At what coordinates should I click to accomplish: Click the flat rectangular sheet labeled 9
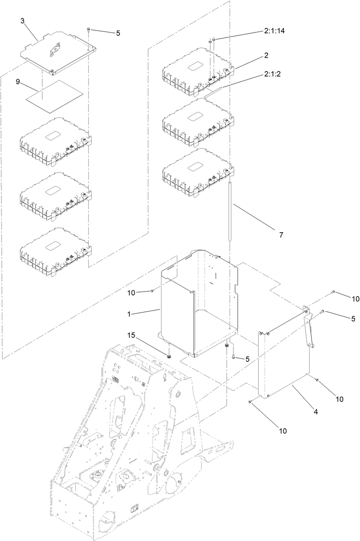point(54,93)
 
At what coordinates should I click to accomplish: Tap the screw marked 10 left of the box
point(152,291)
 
